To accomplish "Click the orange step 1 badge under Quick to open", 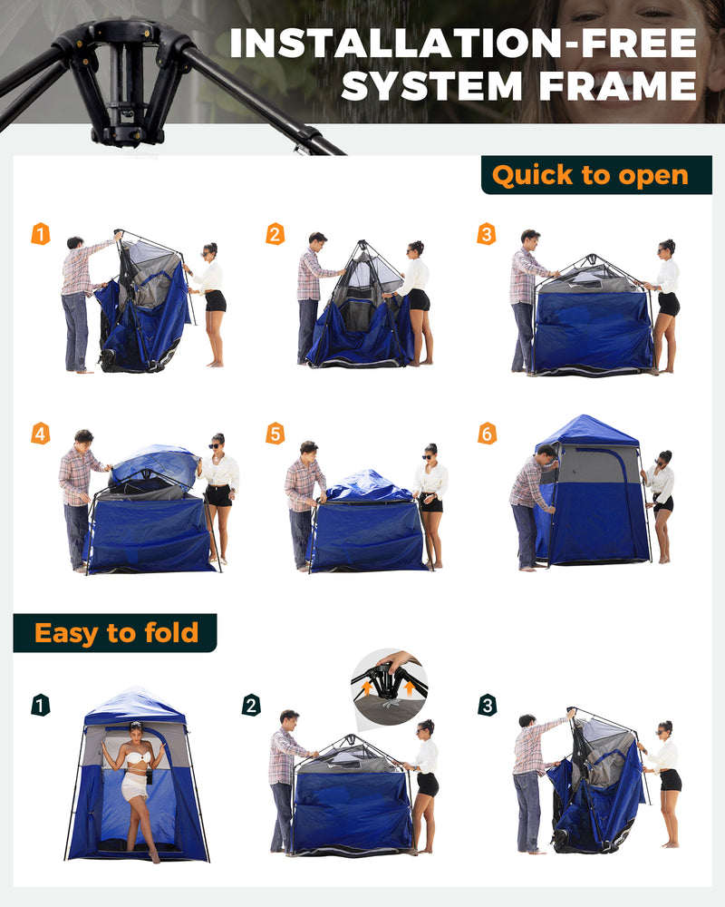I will tap(41, 234).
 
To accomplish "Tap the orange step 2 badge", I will tap(275, 234).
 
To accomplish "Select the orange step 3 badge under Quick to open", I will tap(487, 234).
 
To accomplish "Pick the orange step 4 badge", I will tap(41, 434).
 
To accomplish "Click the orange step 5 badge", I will tap(275, 434).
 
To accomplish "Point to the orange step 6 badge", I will tap(487, 434).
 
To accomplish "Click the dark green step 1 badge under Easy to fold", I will tap(41, 705).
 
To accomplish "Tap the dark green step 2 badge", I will tap(252, 705).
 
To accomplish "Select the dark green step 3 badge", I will tap(487, 705).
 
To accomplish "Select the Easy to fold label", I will tap(116, 632).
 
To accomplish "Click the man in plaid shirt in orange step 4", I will tap(78, 494).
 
